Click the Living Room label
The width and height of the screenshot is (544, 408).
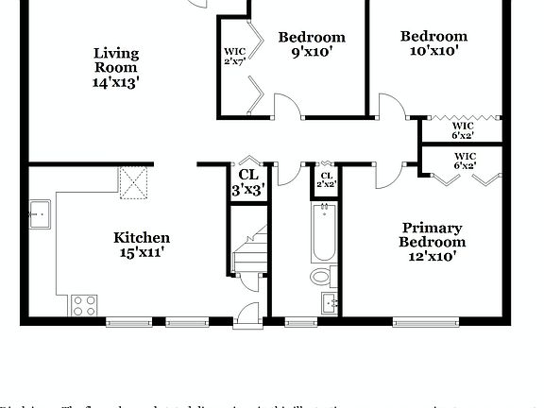point(116,67)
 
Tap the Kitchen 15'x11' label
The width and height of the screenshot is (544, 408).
point(142,244)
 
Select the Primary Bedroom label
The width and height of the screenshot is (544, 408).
point(432,242)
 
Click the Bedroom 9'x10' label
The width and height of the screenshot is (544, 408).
point(312,44)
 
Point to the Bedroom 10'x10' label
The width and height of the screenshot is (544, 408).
point(433,43)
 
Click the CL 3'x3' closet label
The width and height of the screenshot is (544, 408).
point(248,181)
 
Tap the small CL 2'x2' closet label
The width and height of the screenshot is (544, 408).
point(327,179)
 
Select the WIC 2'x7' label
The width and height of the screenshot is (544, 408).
point(234,57)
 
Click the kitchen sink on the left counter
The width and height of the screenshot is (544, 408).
point(39,214)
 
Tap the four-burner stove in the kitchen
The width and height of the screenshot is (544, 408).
point(84,305)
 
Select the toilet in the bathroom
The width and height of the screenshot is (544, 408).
point(323,277)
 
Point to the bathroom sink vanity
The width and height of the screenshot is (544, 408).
point(329,303)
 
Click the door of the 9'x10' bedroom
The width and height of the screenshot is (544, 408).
point(287,106)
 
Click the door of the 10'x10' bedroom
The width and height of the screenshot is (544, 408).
point(391,106)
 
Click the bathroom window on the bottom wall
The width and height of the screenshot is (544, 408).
point(301,322)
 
